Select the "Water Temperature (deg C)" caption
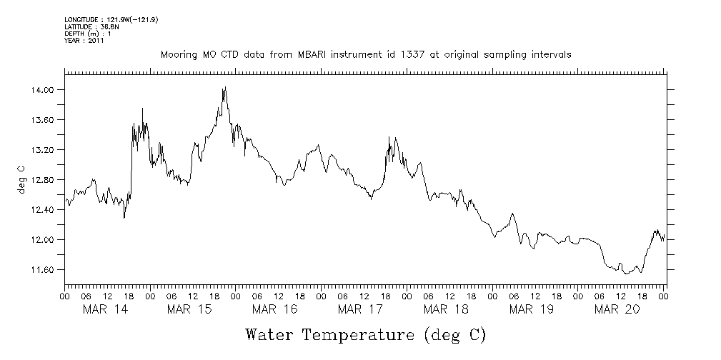pyautogui.click(x=365, y=334)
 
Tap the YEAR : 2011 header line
pyautogui.click(x=84, y=41)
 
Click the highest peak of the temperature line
pyautogui.click(x=225, y=87)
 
